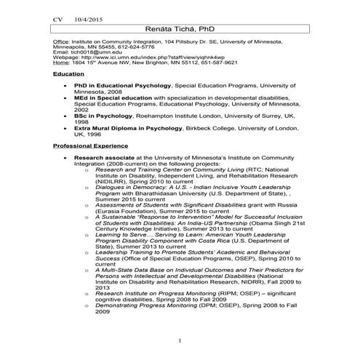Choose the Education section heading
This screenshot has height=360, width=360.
(68, 74)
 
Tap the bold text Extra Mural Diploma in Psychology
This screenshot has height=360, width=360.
(130, 127)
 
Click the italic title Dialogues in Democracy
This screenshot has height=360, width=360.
(135, 188)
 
